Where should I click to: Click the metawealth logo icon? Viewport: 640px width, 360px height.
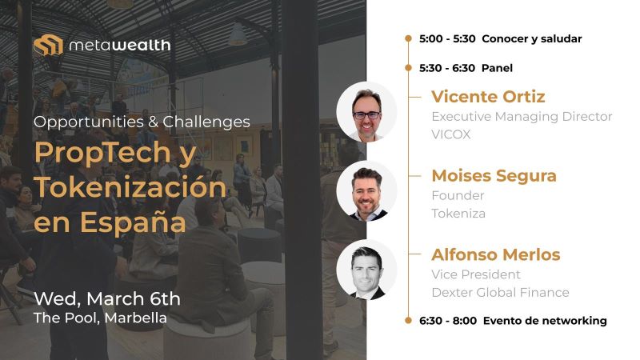coord(48,45)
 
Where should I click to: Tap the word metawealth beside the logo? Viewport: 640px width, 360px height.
coord(119,46)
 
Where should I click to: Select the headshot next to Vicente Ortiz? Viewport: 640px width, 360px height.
coord(366,112)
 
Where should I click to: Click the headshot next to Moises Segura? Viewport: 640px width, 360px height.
coord(366,191)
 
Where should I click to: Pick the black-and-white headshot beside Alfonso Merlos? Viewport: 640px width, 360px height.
coord(366,270)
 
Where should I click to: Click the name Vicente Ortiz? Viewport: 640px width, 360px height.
coord(488,97)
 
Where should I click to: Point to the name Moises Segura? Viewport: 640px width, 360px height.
coord(494,176)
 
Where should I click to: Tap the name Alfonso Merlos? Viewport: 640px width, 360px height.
coord(495,254)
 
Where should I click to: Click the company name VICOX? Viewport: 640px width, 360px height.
coord(451,134)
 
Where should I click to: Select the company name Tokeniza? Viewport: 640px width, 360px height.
coord(458,213)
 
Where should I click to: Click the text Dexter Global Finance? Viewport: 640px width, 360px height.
coord(501,292)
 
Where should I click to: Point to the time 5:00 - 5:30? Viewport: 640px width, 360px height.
coord(447,38)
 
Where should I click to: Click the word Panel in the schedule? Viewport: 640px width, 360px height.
coord(497,68)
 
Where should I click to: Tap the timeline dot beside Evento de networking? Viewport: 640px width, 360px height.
coord(408,321)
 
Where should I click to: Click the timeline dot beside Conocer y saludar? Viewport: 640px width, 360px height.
coord(408,38)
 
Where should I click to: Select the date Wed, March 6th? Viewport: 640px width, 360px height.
coord(107,298)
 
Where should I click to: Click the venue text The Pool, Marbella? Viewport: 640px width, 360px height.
coord(101,318)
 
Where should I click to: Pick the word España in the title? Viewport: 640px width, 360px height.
coord(133,222)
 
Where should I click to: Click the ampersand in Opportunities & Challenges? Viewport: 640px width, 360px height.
coord(153,122)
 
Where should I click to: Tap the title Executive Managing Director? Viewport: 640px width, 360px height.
coord(522,117)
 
